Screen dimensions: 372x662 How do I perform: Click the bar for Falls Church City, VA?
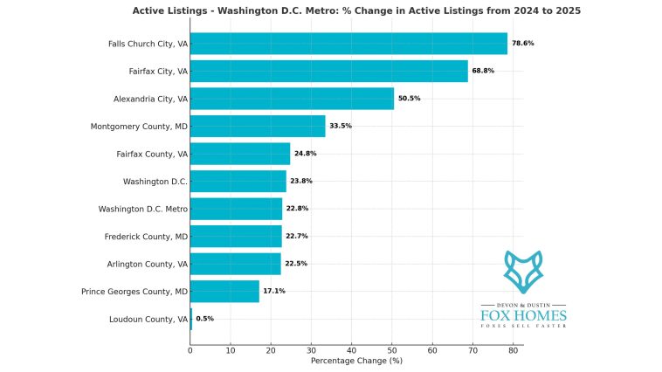(348, 43)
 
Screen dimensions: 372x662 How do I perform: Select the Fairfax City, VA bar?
(328, 71)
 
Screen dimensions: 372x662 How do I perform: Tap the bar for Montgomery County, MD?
(257, 126)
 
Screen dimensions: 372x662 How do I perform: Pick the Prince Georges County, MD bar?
(224, 291)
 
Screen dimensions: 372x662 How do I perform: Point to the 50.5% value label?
(409, 99)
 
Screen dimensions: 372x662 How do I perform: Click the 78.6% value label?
(522, 43)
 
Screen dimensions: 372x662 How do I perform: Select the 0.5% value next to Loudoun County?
(204, 319)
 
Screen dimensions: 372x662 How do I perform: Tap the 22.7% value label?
(297, 236)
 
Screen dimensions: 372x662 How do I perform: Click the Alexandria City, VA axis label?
(150, 99)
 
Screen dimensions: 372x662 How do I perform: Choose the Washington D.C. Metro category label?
(142, 209)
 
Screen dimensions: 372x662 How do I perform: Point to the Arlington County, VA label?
(146, 264)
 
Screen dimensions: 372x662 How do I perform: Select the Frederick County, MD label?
(146, 236)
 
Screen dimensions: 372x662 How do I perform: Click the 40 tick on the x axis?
(351, 350)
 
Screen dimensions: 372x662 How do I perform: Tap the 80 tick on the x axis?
(513, 350)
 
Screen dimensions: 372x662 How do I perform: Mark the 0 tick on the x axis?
(190, 350)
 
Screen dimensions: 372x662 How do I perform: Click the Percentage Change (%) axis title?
(356, 361)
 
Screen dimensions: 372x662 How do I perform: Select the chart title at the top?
(356, 10)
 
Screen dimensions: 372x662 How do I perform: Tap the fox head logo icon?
(523, 272)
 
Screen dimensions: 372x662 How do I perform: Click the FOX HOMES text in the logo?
(523, 314)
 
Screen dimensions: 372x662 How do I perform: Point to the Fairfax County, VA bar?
(239, 154)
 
